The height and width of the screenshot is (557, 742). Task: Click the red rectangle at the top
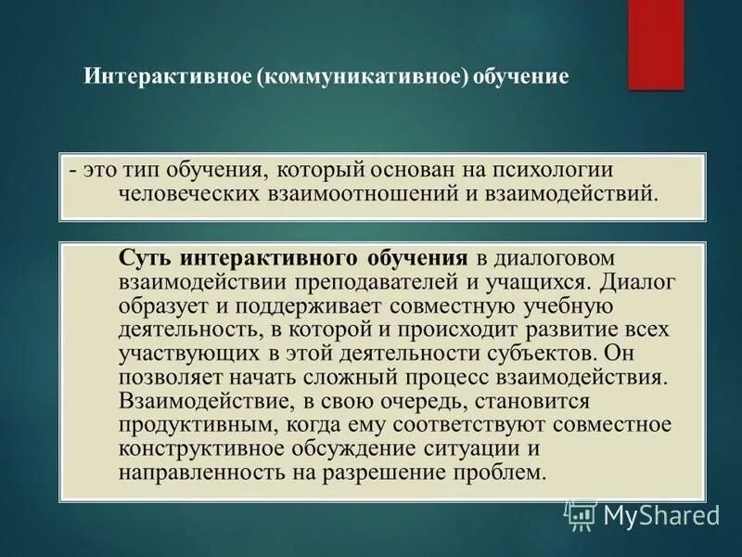[x=656, y=45]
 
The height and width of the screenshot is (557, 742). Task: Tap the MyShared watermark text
[x=660, y=513]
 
